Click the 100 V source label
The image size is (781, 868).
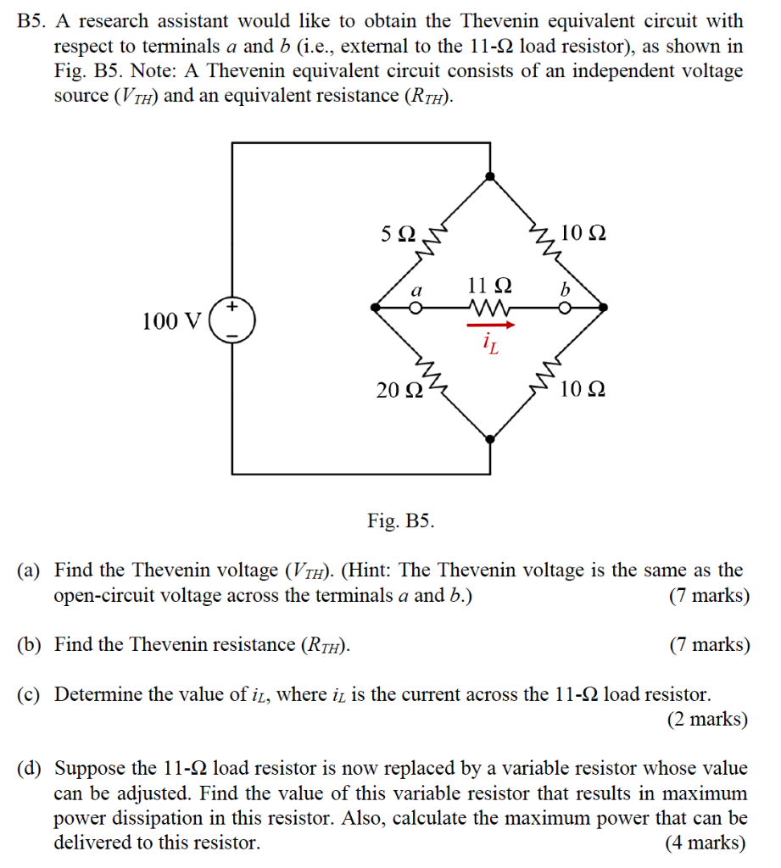click(172, 321)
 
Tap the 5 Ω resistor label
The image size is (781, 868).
click(399, 233)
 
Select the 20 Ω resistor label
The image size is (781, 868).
click(399, 390)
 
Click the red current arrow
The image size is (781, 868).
click(491, 323)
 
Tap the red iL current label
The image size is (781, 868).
click(489, 343)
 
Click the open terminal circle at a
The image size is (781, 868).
click(416, 309)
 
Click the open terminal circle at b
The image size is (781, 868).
click(563, 309)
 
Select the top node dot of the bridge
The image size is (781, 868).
click(489, 175)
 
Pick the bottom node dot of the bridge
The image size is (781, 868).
click(489, 438)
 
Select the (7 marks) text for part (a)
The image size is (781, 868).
click(708, 595)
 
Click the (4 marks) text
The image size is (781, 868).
click(708, 843)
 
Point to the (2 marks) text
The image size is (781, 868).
click(708, 720)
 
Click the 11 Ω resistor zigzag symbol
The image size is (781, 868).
click(489, 308)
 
